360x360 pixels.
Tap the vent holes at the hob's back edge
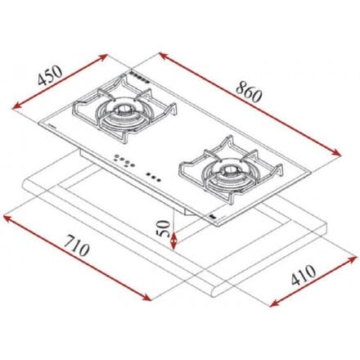coord(137,79)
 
